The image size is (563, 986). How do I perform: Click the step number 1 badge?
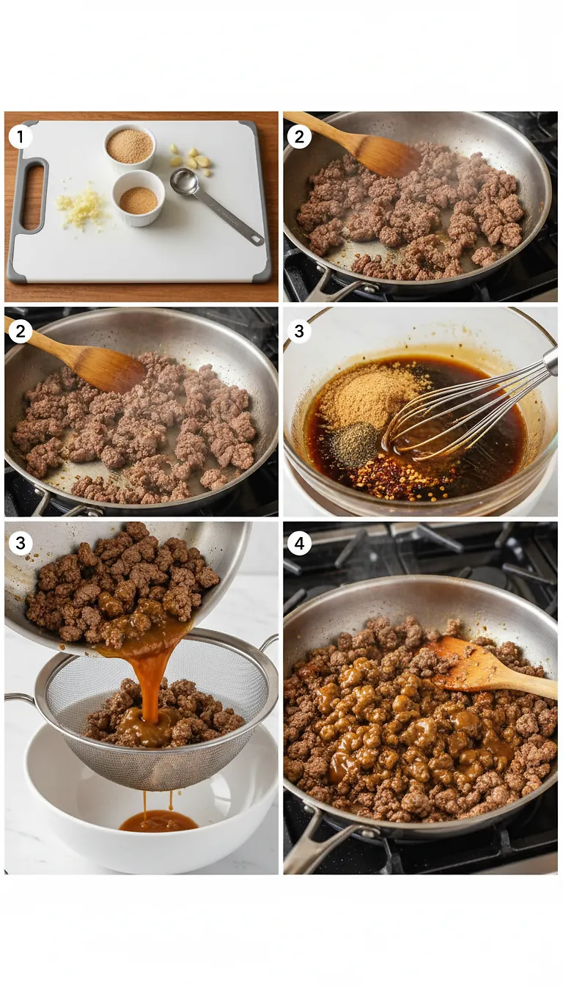tap(21, 136)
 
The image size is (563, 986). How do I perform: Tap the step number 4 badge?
tap(299, 544)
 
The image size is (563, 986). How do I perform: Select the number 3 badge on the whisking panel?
tap(299, 332)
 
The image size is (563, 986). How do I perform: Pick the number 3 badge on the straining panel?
tap(21, 544)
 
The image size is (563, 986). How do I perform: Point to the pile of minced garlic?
tap(81, 208)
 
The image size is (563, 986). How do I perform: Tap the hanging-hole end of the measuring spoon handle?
tap(255, 239)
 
